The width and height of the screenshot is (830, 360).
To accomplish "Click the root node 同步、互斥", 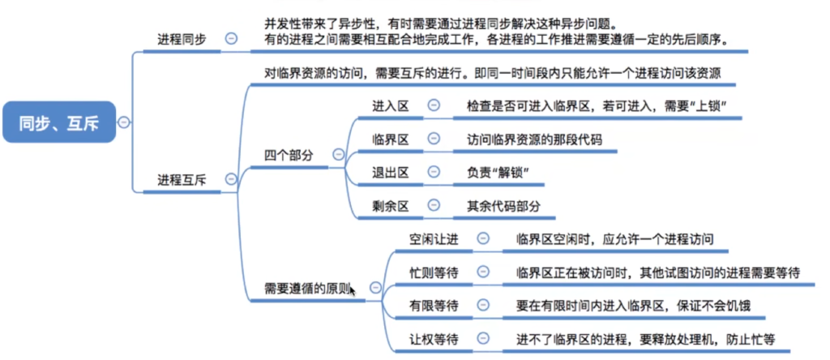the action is [59, 122].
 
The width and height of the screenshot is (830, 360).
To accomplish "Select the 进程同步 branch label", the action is [182, 39].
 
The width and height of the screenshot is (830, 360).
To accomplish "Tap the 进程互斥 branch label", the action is [182, 179].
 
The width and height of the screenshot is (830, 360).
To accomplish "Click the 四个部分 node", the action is [289, 155].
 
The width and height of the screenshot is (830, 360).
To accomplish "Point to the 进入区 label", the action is [391, 106].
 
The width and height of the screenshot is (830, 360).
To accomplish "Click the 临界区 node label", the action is [391, 139].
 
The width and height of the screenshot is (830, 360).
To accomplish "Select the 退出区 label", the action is [391, 172].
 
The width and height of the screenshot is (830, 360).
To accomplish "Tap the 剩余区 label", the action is [391, 205].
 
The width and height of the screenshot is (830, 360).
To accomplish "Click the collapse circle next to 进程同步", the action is [231, 38].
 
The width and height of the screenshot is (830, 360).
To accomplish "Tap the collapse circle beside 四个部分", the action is [338, 155].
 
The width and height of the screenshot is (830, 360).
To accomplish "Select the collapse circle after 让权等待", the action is [483, 338].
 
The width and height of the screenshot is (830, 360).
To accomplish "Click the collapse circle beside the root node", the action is [123, 122].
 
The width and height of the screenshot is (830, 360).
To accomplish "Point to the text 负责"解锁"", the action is [498, 173].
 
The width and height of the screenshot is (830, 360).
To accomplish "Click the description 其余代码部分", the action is [503, 206].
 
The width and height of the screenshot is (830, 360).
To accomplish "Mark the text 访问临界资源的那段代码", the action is [534, 139].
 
